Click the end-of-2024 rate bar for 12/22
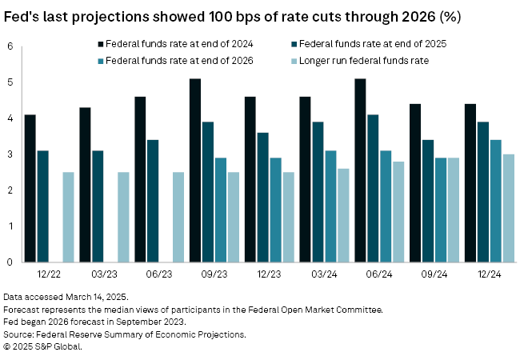(x=30, y=188)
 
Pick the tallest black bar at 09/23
(x=194, y=170)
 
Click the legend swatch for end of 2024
(x=100, y=43)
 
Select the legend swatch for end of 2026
(x=100, y=59)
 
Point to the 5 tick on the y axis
(x=10, y=82)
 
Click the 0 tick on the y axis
(x=10, y=262)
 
